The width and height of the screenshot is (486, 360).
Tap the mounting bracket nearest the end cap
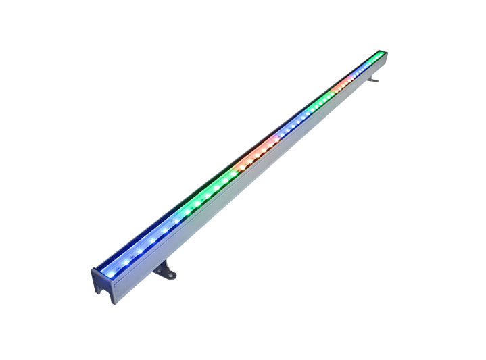164,271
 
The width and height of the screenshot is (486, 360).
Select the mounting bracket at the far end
372,79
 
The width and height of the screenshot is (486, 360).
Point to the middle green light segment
318,105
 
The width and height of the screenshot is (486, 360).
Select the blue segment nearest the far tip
362,70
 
